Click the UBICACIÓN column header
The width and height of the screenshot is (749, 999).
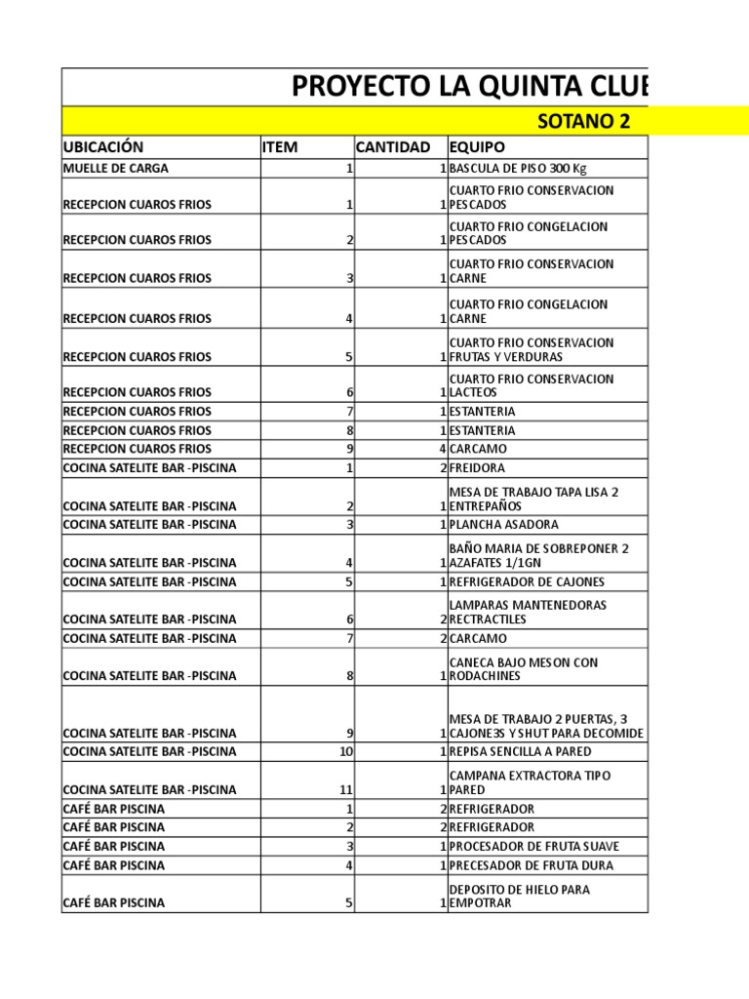pyautogui.click(x=103, y=147)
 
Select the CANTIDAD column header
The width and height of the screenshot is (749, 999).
pyautogui.click(x=392, y=147)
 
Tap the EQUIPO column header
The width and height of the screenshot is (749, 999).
pyautogui.click(x=477, y=147)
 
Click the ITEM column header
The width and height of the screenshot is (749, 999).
pyautogui.click(x=280, y=147)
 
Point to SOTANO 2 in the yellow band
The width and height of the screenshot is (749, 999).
pyautogui.click(x=584, y=121)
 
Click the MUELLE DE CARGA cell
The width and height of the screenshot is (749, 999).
pyautogui.click(x=115, y=168)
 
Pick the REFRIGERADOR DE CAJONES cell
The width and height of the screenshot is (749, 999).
pyautogui.click(x=528, y=581)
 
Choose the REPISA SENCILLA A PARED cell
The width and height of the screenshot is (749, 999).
pyautogui.click(x=520, y=751)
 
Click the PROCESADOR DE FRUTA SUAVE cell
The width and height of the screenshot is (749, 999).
pyautogui.click(x=533, y=846)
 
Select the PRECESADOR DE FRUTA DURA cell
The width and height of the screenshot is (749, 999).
pyautogui.click(x=532, y=865)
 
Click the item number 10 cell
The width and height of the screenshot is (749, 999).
pyautogui.click(x=343, y=751)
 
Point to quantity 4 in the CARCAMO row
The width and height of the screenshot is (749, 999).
pyautogui.click(x=442, y=449)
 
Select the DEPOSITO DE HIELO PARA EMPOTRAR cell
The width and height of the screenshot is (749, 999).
pyautogui.click(x=519, y=896)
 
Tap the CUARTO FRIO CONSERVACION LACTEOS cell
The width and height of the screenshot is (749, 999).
pyautogui.click(x=532, y=385)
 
